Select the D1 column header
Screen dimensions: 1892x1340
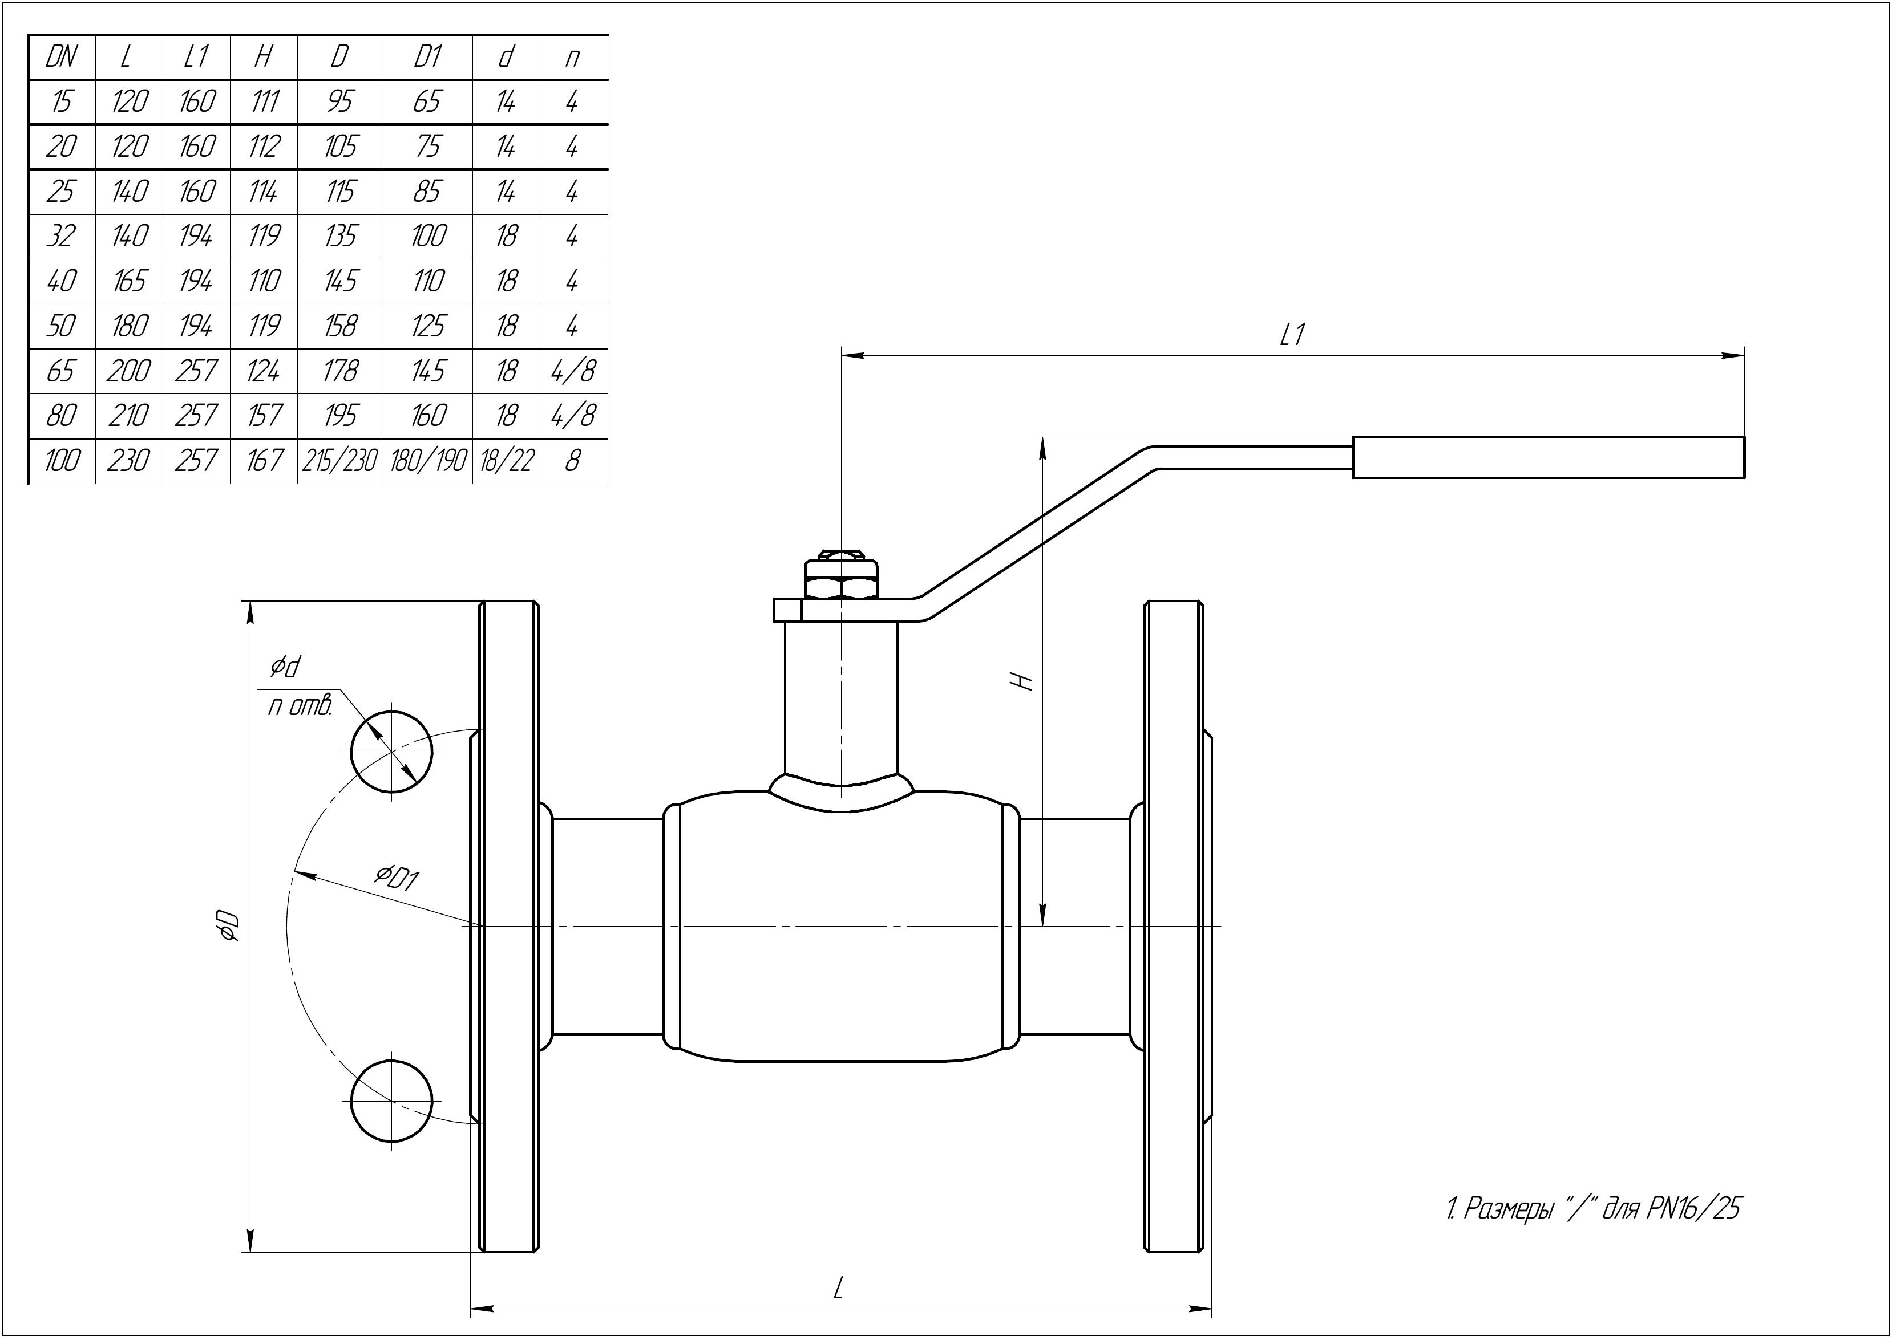click(427, 57)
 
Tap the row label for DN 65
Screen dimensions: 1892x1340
click(61, 371)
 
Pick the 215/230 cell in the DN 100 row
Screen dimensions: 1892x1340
click(340, 460)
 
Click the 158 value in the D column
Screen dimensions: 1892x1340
click(340, 326)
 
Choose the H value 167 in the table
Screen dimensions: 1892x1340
click(264, 460)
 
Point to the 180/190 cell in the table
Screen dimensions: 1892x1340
click(427, 460)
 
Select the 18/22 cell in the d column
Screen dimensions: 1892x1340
click(506, 460)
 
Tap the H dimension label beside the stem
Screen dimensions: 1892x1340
click(1024, 681)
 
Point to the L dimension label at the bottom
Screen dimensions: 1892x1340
click(838, 1287)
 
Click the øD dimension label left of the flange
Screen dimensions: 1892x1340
click(225, 926)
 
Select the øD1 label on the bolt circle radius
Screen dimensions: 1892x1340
click(397, 877)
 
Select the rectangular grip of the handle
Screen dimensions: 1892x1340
click(1548, 457)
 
